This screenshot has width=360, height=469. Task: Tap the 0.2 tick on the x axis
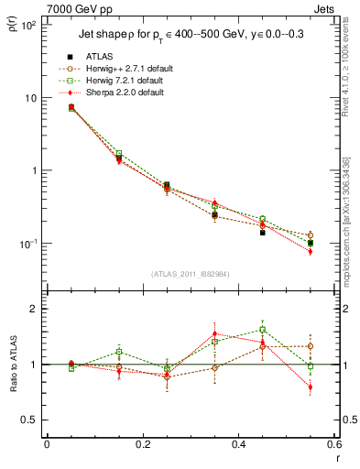coord(142,444)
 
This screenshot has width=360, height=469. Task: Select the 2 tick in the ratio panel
coord(34,310)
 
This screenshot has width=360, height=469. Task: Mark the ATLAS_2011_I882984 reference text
coord(190,274)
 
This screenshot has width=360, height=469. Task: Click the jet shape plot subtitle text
coord(190,36)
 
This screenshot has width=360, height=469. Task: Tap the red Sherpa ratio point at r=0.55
coord(311,387)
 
